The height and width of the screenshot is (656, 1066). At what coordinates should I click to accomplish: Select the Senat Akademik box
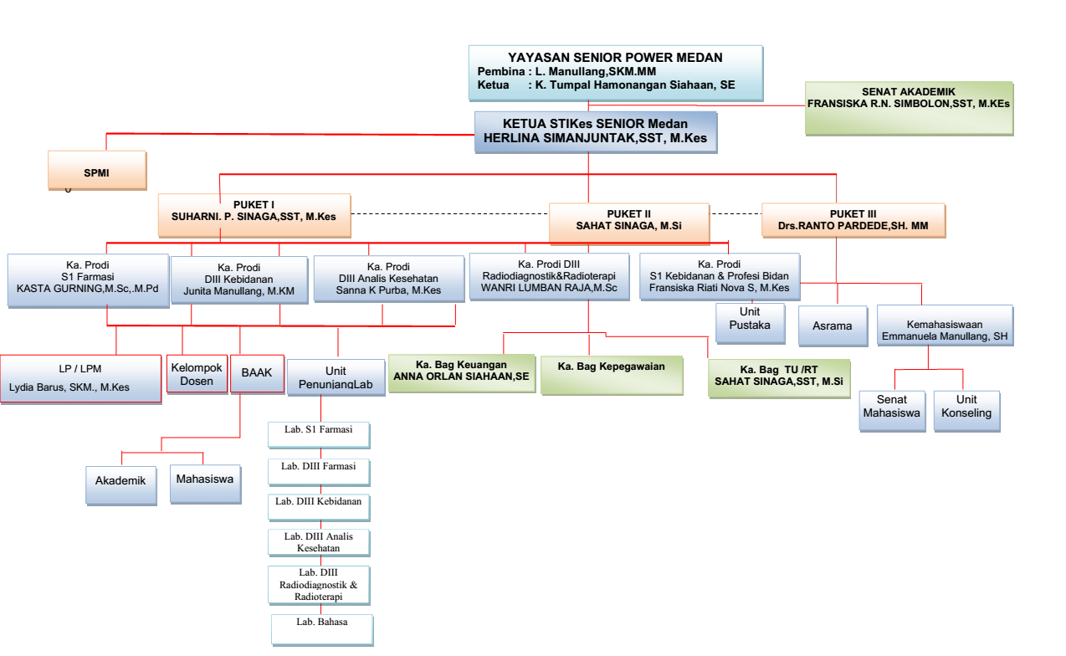tap(908, 107)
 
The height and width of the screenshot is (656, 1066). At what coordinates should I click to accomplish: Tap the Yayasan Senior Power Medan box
tap(615, 73)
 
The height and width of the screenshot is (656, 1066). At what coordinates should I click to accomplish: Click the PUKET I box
tap(254, 214)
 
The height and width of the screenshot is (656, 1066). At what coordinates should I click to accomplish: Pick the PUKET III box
tap(853, 220)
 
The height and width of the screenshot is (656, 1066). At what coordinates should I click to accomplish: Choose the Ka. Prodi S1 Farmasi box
tap(88, 280)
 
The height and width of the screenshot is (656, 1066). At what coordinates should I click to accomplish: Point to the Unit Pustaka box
tap(750, 323)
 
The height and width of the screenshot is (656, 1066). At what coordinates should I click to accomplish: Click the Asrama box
tap(832, 325)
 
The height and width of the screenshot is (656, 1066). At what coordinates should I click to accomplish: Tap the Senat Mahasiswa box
tap(892, 410)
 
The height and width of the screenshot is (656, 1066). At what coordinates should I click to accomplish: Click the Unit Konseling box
tap(966, 410)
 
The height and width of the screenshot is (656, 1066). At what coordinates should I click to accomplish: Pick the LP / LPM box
tap(81, 379)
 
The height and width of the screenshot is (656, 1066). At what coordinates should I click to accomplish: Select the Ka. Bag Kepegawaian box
tap(611, 374)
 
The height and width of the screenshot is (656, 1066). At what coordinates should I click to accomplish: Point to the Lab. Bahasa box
tap(321, 629)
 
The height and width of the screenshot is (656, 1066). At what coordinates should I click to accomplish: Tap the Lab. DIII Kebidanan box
tap(320, 507)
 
